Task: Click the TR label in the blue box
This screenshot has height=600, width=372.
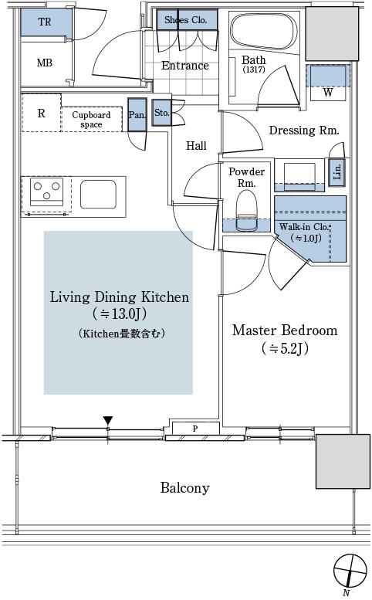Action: pyautogui.click(x=45, y=22)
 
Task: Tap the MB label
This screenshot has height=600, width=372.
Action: pyautogui.click(x=44, y=63)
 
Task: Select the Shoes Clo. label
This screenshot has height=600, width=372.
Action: pyautogui.click(x=185, y=20)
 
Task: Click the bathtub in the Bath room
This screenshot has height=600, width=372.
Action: pyautogui.click(x=264, y=32)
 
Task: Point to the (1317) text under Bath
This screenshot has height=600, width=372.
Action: pyautogui.click(x=253, y=69)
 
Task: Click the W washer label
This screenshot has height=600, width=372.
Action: pyautogui.click(x=328, y=92)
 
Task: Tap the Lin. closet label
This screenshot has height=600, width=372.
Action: pyautogui.click(x=337, y=171)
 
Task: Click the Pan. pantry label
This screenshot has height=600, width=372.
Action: pyautogui.click(x=137, y=115)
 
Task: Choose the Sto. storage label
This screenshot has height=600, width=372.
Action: pyautogui.click(x=162, y=113)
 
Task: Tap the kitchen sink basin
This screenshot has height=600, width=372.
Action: pyautogui.click(x=98, y=194)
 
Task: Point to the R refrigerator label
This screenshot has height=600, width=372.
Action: pyautogui.click(x=42, y=114)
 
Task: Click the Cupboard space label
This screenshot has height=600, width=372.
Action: pyautogui.click(x=91, y=120)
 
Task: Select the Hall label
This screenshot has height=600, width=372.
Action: pyautogui.click(x=196, y=145)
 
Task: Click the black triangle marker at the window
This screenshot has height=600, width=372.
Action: pyautogui.click(x=108, y=420)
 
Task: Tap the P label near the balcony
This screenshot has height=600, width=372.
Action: pyautogui.click(x=195, y=429)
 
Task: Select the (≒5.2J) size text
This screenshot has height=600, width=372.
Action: pyautogui.click(x=286, y=348)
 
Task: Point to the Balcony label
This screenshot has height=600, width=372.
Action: pyautogui.click(x=185, y=488)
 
